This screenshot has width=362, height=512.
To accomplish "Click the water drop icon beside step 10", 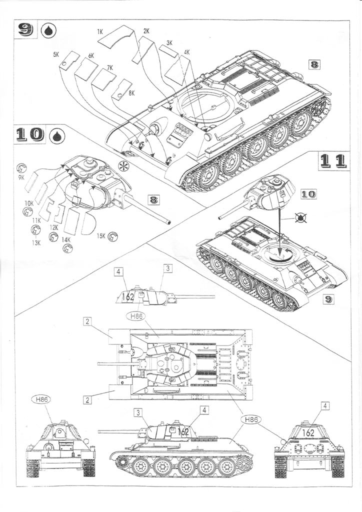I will (57, 135).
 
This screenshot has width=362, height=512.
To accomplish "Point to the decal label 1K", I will (100, 31).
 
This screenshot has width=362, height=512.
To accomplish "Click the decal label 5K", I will (56, 53).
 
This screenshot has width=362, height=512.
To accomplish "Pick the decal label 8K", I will (131, 93).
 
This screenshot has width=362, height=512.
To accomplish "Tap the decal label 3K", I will (169, 43).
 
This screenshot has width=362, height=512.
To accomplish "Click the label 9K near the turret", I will (21, 176).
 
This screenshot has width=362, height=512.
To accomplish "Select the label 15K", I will (101, 236).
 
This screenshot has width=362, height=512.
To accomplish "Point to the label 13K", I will (36, 242).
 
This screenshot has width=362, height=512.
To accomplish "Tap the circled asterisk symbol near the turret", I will (122, 166).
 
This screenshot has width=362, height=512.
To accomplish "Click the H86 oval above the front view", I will (42, 399).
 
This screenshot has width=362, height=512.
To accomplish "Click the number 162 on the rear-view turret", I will (309, 432).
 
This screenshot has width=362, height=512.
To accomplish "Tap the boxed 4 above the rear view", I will (325, 406).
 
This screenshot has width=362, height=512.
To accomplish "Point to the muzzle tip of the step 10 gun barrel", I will (170, 222).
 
